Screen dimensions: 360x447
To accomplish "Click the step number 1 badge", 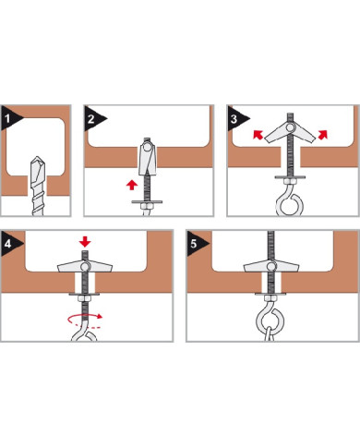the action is pos(9,118).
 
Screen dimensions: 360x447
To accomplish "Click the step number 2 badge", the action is pos(92,118).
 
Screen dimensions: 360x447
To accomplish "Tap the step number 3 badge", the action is pos(235,118).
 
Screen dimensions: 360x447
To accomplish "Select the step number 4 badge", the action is pos(9,244).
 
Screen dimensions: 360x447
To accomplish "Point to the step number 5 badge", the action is pos(195,244).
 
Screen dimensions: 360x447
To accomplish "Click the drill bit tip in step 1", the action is pos(37,158).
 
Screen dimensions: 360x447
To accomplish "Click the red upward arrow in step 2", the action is pos(132,185).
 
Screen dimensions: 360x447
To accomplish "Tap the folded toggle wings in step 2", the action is pos(148,158).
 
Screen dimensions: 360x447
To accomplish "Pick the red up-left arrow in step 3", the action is pos(258,135).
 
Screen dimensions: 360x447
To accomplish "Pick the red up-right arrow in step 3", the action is pos(322,135).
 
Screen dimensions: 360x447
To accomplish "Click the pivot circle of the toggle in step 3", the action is pos(290,127).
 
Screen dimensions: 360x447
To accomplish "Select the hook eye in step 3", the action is pos(290,204).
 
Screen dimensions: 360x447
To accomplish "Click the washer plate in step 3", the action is pos(290,177).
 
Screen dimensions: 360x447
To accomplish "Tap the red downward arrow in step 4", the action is pos(85,242).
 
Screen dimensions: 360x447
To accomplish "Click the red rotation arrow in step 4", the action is pos(85,320).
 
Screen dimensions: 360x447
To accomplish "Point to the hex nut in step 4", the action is pos(85,298).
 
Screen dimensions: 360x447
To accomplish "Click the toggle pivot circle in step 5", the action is pos(271,266).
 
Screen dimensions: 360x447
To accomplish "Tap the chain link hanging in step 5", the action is pos(270,334).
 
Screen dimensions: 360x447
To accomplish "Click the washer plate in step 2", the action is pos(147,202).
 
